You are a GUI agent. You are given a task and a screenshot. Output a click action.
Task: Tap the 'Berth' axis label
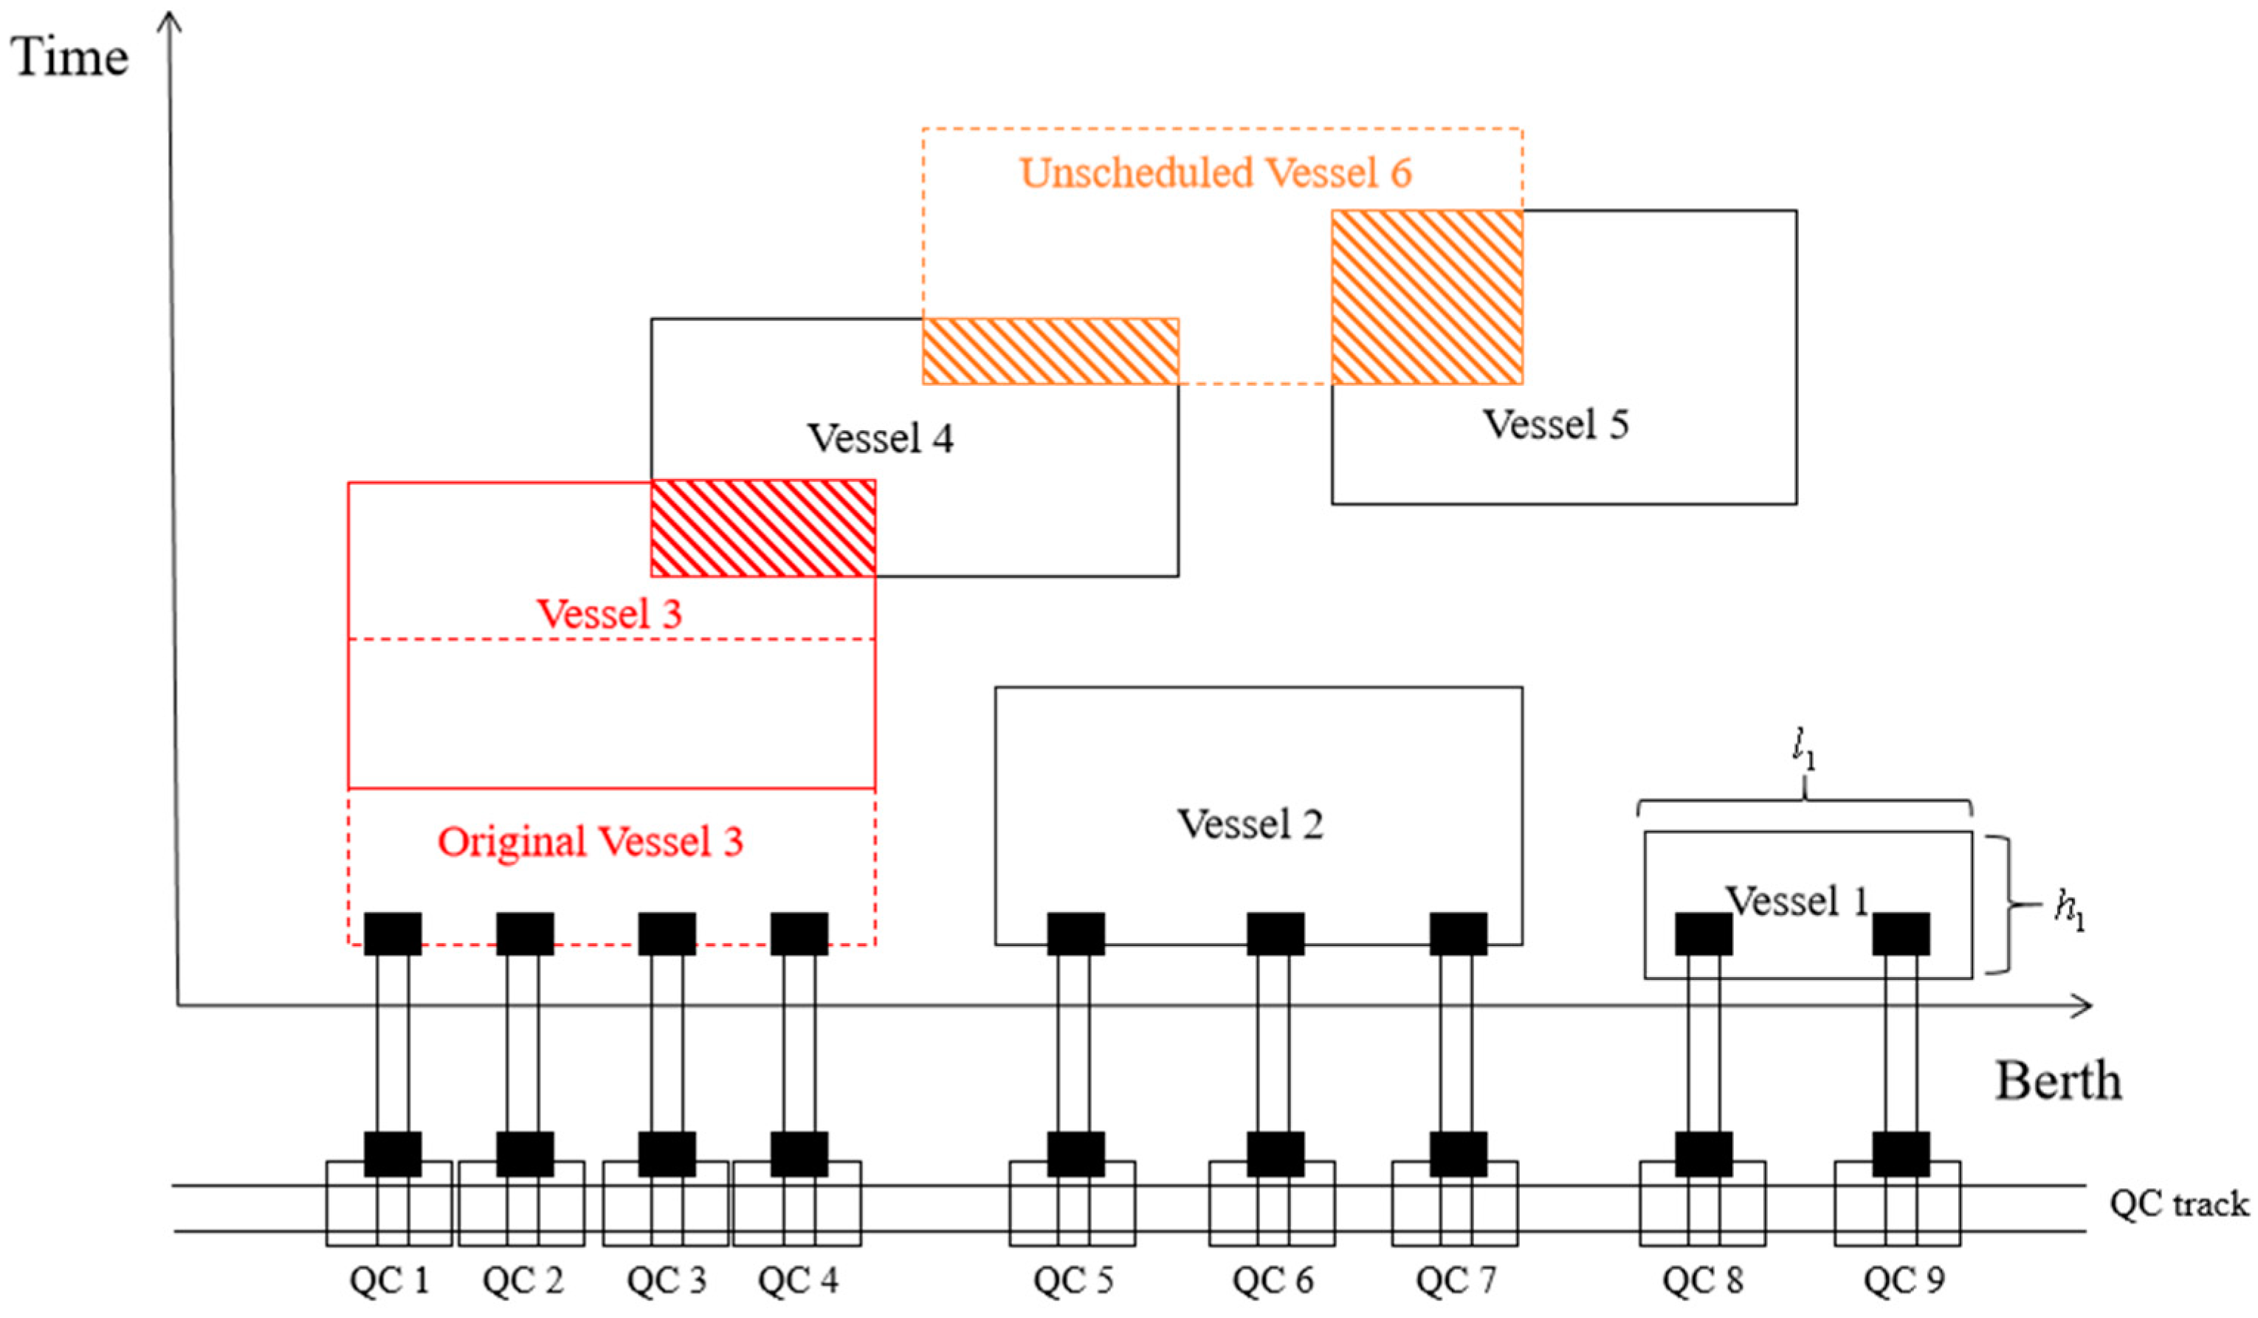2057,1081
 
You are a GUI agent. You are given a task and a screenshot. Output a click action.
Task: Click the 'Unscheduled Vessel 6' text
1215,173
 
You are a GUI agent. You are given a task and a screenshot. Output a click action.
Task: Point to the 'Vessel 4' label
881,438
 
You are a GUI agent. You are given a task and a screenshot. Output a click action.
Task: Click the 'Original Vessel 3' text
591,841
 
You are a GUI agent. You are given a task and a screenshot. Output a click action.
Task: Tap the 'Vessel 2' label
1250,824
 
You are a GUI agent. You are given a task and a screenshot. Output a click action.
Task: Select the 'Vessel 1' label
1797,900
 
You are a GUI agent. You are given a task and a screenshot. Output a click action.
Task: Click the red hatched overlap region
763,528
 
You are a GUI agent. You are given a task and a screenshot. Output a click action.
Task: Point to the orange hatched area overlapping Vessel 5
1427,297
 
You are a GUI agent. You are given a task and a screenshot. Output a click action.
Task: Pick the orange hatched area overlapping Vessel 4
1050,351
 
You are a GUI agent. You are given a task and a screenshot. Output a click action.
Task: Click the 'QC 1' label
390,1280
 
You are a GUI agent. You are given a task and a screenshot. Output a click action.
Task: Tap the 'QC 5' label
1073,1280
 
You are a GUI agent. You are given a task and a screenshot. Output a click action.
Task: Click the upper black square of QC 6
1275,934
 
